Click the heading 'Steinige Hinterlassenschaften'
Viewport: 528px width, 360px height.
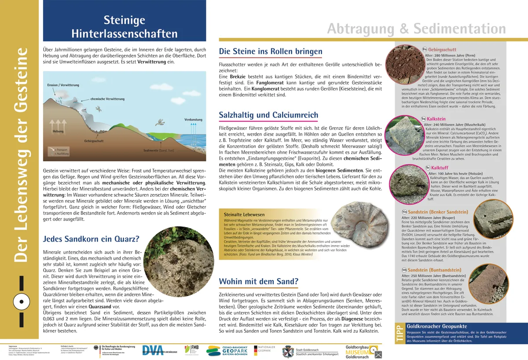125,26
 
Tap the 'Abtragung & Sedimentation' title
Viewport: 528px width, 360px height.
416,29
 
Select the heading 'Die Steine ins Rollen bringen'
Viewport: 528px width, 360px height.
271,52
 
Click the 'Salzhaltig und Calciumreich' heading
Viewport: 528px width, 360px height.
268,115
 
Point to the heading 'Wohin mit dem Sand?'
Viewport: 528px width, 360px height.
259,281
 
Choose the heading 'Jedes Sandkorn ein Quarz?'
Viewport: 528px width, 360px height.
91,239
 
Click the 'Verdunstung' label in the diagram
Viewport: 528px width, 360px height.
193,120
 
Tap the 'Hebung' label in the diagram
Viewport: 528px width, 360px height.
58,131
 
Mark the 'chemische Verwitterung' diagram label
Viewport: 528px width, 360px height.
108,99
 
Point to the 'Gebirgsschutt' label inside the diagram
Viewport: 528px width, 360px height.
94,141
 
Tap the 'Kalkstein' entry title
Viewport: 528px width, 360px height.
436,119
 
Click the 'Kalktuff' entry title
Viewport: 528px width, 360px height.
440,168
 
